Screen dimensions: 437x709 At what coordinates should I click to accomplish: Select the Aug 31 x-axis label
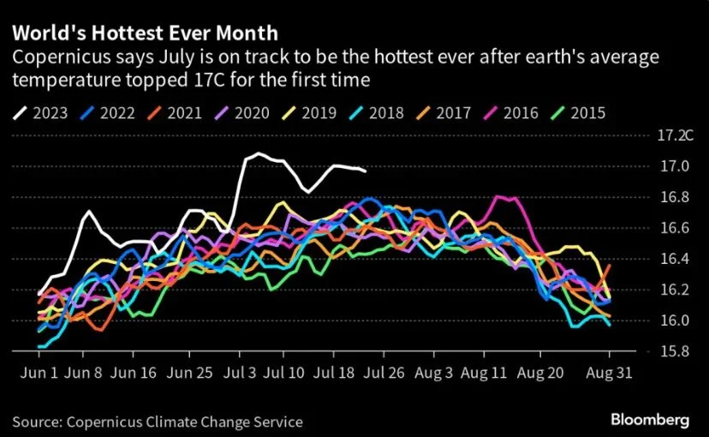tap(610, 374)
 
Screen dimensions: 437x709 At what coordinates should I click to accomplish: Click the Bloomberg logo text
tap(651, 420)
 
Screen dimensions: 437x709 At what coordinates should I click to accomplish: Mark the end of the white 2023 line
tap(366, 171)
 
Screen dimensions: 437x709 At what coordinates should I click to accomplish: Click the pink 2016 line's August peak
tap(500, 197)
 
